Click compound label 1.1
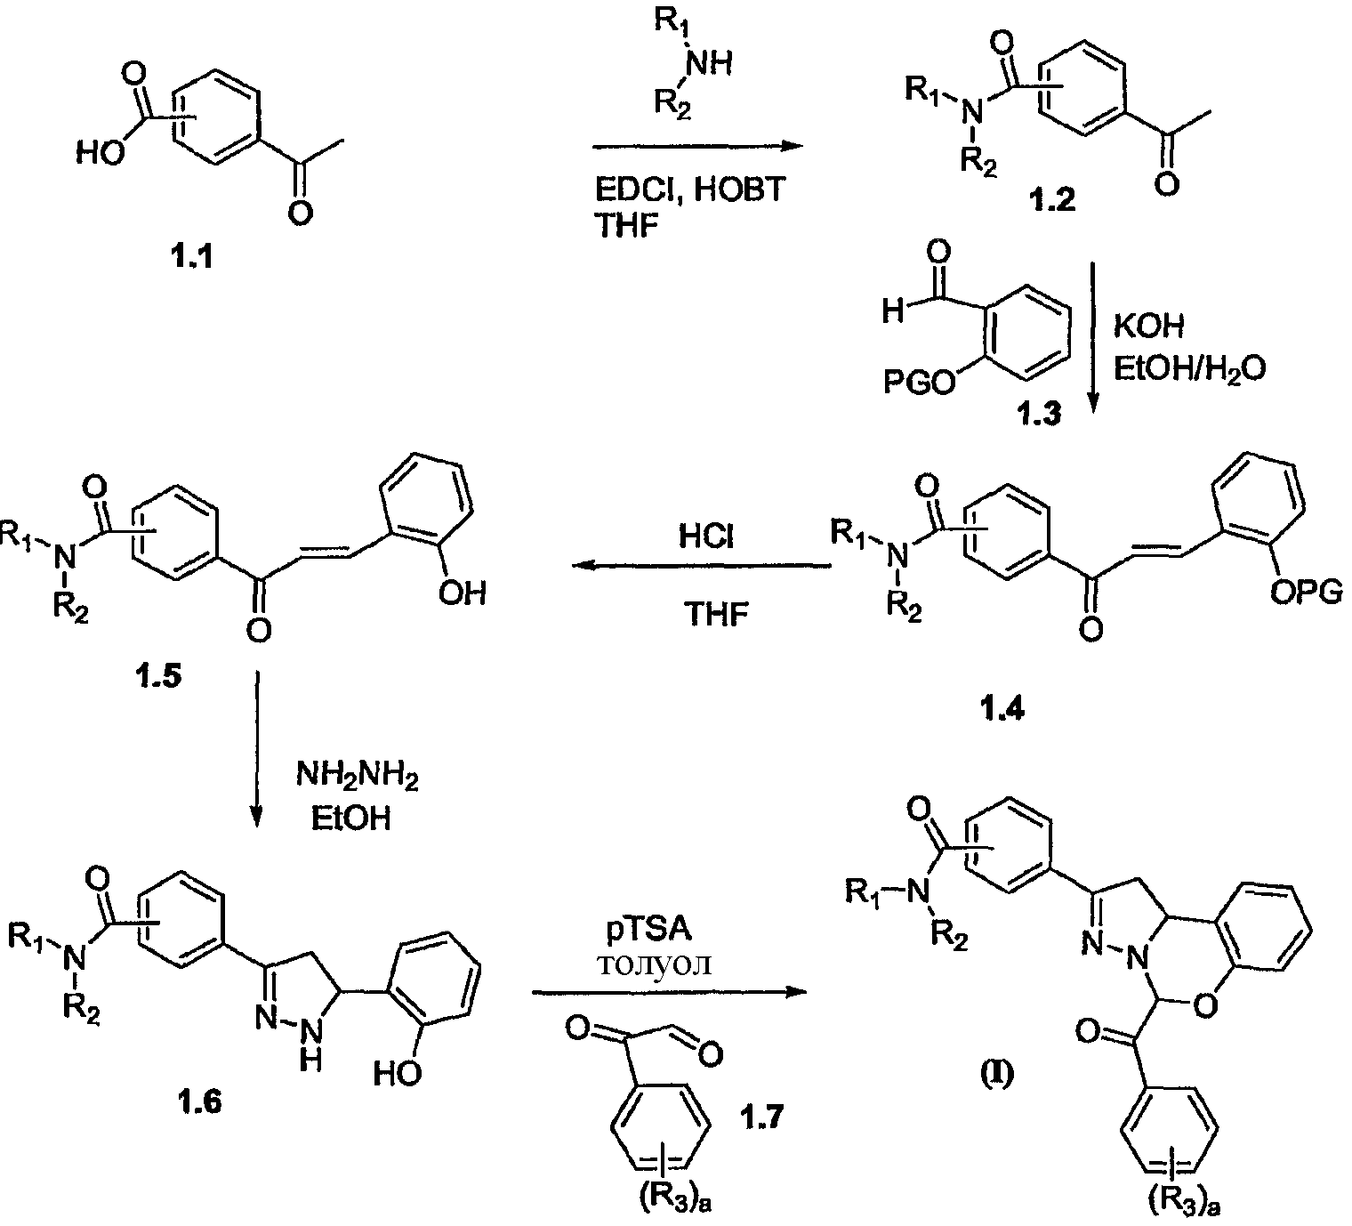point(193,257)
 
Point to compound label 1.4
point(1002,709)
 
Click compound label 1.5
point(158,675)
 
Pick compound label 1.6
point(199,1102)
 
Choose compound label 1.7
point(762,1117)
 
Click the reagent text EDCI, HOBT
point(690,190)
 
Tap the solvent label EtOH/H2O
point(1190,369)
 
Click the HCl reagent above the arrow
point(706,536)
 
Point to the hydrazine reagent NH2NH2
point(358,777)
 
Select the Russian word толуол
point(654,964)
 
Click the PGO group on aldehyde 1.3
point(920,383)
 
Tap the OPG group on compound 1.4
point(1306,593)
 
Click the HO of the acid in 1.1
point(101,155)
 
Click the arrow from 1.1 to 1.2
point(697,146)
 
